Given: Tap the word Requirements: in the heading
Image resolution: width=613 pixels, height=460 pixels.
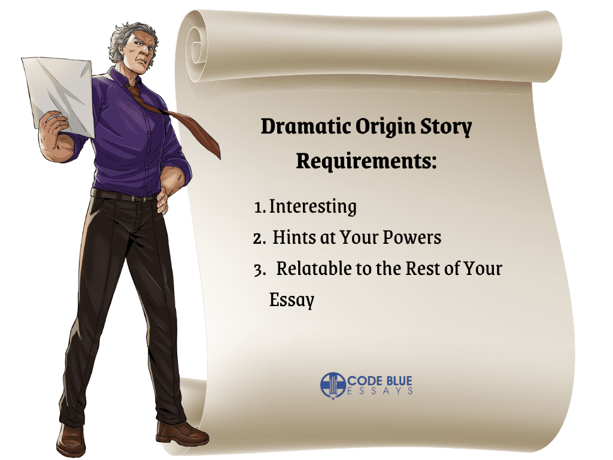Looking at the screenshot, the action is click(366, 161).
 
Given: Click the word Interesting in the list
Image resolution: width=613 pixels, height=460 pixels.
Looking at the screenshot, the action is click(312, 207).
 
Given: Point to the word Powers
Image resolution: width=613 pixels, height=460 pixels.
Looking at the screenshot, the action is click(412, 237).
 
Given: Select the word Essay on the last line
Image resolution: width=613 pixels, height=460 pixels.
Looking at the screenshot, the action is click(292, 300).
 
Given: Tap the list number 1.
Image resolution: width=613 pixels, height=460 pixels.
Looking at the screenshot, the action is click(259, 208).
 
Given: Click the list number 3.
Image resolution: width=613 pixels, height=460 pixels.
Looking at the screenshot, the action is click(259, 270).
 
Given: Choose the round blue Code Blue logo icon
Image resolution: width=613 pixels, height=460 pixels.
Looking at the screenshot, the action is click(333, 385).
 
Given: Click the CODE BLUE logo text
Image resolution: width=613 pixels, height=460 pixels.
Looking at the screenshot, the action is click(380, 380).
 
